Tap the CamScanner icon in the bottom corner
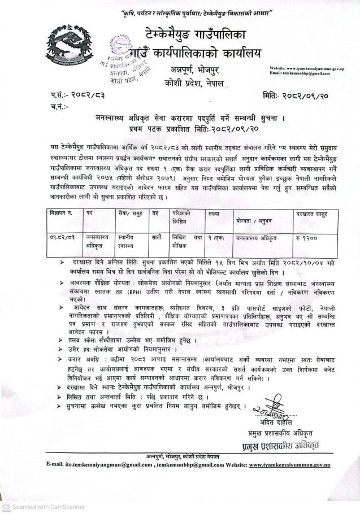coord(6,507)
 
